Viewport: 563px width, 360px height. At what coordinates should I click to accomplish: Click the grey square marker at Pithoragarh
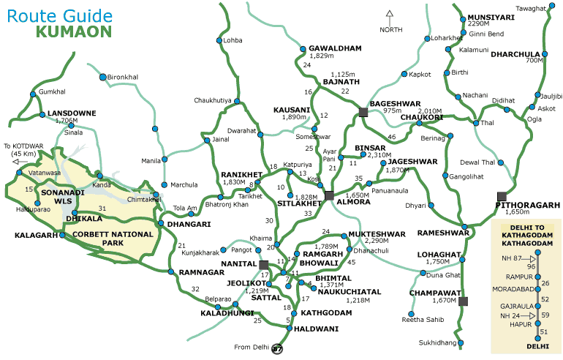tap(502, 195)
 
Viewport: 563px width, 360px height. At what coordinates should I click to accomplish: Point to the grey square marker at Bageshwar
tap(363, 112)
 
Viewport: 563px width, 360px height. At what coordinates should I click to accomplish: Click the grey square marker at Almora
tap(330, 195)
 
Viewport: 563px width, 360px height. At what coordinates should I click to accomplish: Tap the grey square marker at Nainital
tap(264, 264)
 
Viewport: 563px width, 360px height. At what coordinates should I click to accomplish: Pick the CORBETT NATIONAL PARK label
tap(113, 239)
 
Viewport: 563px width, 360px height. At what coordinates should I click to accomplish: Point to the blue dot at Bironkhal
tap(102, 76)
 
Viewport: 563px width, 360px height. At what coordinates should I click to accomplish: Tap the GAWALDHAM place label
tap(335, 48)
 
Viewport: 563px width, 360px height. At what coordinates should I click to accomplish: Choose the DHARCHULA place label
tap(515, 53)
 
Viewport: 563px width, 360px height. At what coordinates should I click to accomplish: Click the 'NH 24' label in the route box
tap(510, 315)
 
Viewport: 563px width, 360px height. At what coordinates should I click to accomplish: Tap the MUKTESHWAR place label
tap(376, 234)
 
